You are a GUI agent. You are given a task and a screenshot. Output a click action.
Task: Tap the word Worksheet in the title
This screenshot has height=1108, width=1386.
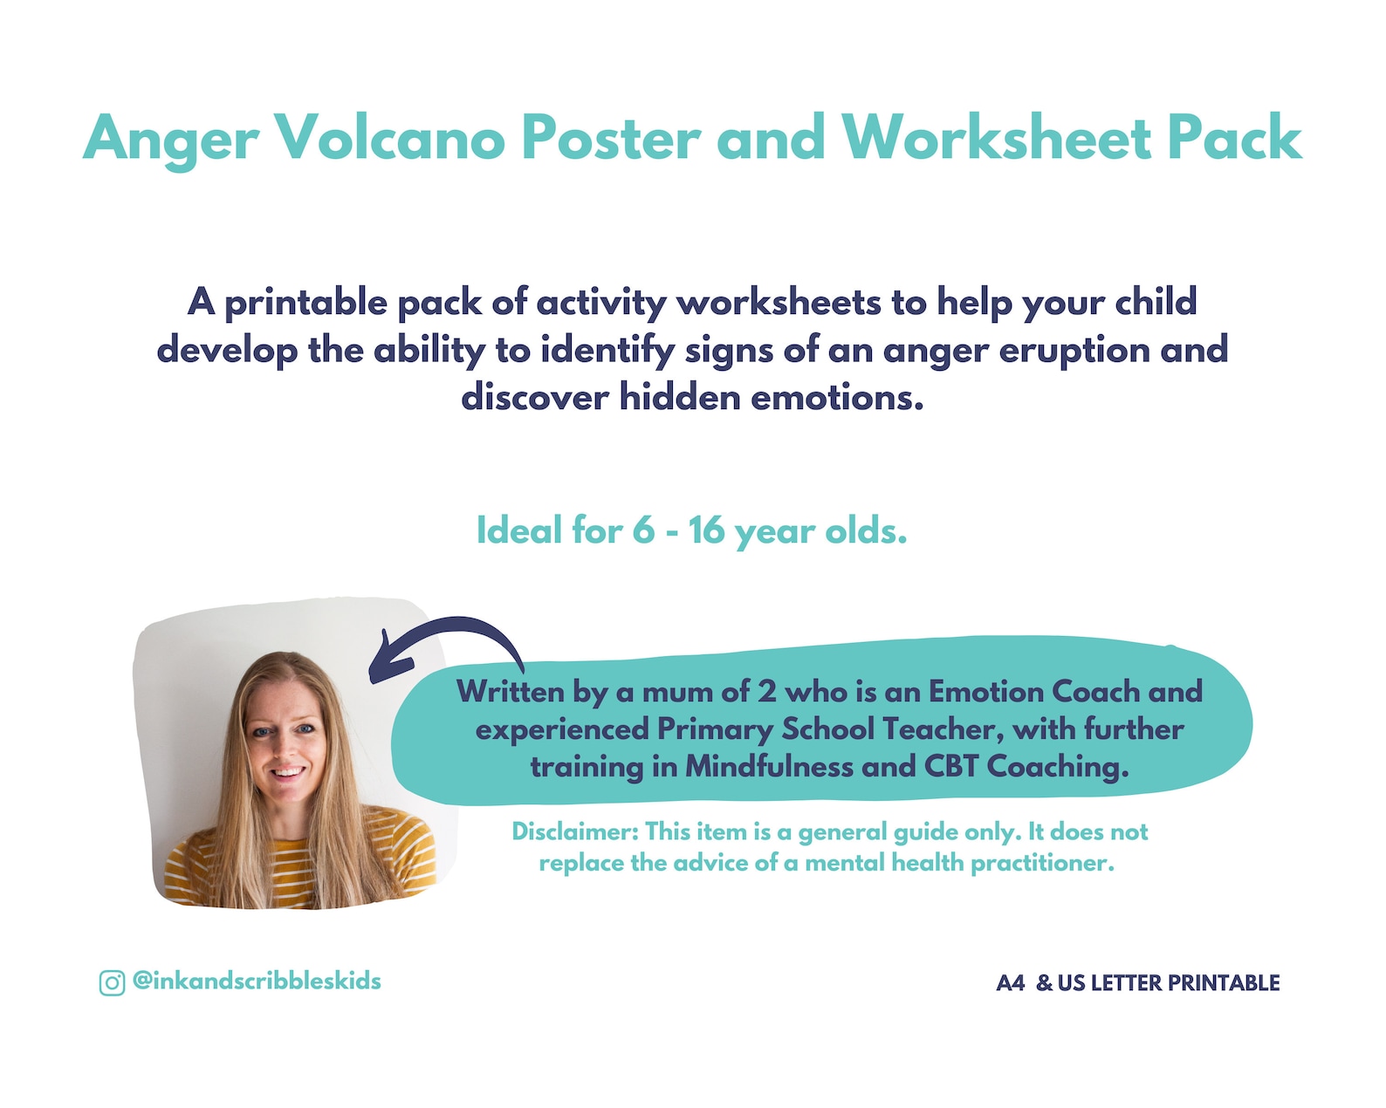tap(996, 138)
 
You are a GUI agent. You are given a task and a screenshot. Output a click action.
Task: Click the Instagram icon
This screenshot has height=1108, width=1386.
tap(112, 982)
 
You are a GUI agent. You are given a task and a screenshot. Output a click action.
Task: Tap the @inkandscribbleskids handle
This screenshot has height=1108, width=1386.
tap(257, 981)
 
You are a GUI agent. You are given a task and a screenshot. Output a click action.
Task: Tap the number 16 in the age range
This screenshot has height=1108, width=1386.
tap(705, 530)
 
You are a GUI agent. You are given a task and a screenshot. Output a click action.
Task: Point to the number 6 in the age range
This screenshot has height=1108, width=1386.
tap(643, 530)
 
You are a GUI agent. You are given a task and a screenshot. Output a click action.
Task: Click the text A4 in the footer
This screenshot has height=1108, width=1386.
tap(1010, 983)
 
